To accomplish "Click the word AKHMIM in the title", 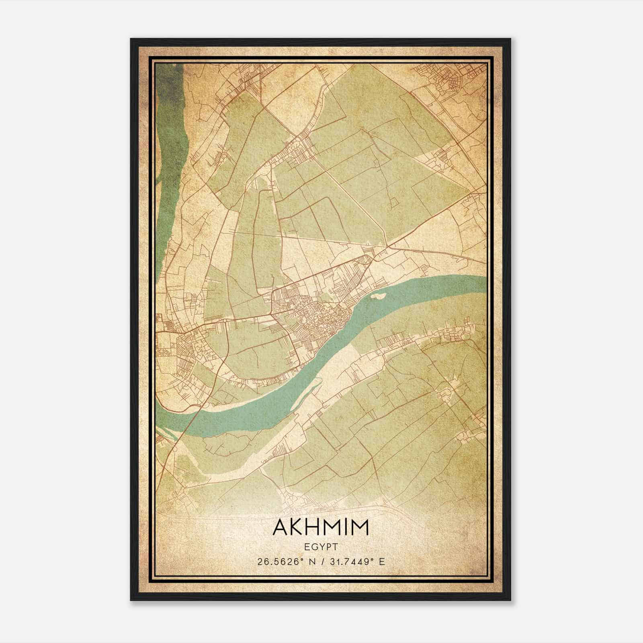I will click(x=321, y=528).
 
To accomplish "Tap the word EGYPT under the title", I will click(x=321, y=547).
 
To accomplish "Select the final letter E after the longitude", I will click(x=382, y=561).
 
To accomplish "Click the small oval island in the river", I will click(x=378, y=297).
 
